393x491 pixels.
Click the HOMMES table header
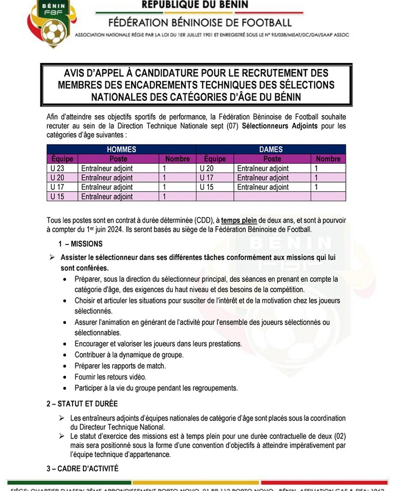click(x=121, y=149)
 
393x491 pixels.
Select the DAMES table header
click(x=271, y=149)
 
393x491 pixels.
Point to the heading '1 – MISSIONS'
click(x=80, y=244)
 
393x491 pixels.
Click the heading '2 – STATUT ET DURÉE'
click(x=82, y=404)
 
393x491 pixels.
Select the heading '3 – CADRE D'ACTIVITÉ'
click(x=82, y=468)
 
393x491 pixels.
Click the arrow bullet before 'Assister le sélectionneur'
click(x=51, y=257)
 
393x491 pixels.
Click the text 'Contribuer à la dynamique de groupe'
click(x=128, y=354)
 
